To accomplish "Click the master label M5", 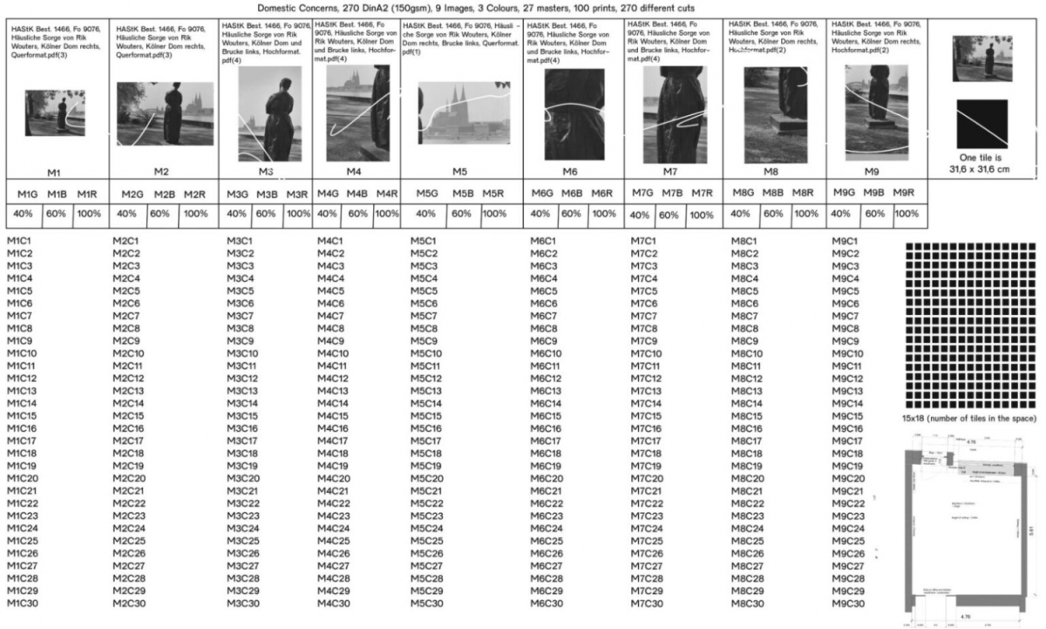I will click(460, 171).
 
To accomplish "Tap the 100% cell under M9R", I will click(906, 214).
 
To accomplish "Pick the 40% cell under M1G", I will click(23, 214).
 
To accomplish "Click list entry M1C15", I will click(22, 416).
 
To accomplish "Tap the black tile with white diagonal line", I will click(981, 123).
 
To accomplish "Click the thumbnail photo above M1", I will click(55, 113).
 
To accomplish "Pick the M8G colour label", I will click(743, 193).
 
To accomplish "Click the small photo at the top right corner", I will click(981, 58).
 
